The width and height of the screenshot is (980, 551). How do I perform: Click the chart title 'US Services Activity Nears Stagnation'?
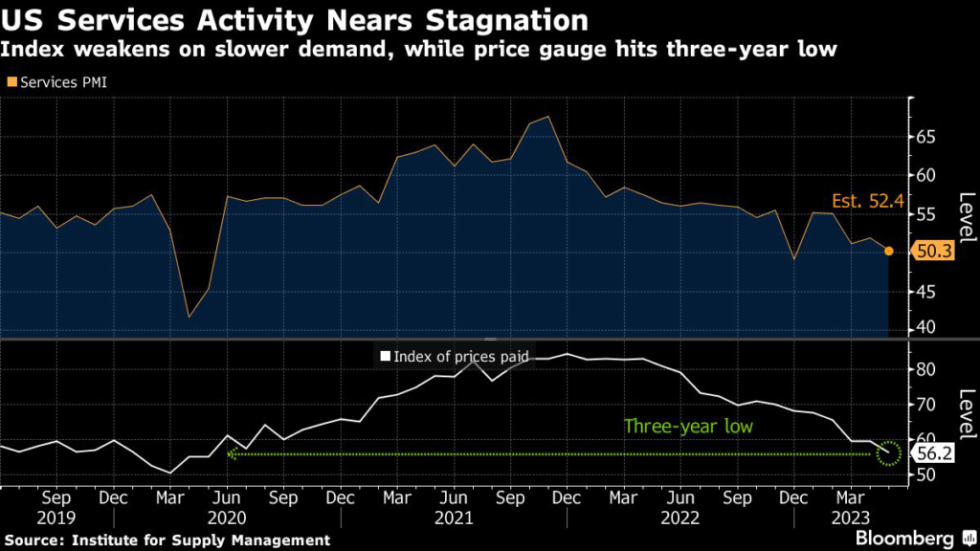click(295, 19)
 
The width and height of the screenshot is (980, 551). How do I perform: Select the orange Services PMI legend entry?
click(56, 82)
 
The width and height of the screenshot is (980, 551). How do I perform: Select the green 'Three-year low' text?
click(688, 427)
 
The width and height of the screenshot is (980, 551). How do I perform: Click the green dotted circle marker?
click(889, 453)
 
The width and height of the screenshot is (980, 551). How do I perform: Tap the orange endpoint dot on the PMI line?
click(889, 251)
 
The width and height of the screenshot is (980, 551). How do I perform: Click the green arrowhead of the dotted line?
click(231, 453)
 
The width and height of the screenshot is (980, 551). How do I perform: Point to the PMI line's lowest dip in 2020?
click(189, 317)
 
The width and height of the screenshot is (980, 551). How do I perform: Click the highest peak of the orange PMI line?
click(547, 117)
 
